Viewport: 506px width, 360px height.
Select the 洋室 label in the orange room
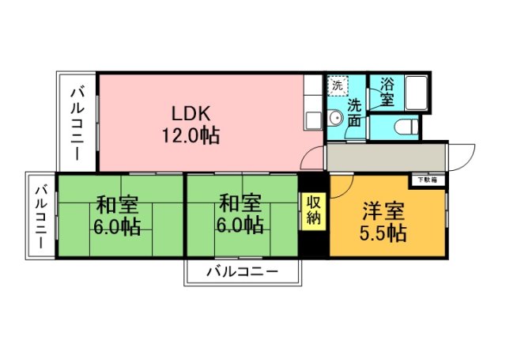(384, 211)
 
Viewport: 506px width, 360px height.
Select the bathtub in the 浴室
(416, 93)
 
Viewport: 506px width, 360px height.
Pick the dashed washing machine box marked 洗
(338, 85)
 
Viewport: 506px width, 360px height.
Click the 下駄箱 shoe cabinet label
(428, 180)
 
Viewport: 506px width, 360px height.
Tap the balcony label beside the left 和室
(40, 214)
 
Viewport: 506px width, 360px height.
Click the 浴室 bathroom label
(387, 91)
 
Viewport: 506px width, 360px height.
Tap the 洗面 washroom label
(354, 112)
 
